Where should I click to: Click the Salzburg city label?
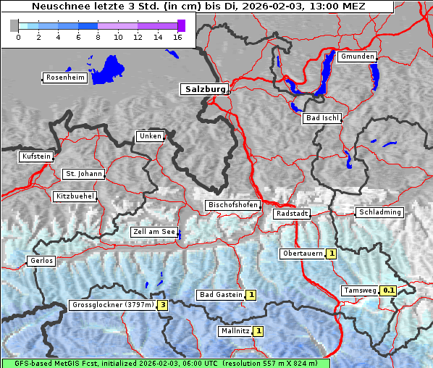[203, 89]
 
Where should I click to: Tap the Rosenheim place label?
[64, 78]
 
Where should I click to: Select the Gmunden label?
[357, 57]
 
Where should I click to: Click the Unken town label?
[150, 136]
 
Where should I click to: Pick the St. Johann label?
[83, 174]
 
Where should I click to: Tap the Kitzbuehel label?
[75, 196]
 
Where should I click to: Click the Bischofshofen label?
[232, 206]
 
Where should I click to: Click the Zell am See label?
[154, 232]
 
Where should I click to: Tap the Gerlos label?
[41, 261]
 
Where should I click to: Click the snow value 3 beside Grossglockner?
[163, 305]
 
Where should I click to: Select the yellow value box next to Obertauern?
[331, 254]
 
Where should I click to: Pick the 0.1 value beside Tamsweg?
[389, 290]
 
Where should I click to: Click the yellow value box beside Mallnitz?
[258, 331]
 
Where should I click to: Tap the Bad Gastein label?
[221, 295]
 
